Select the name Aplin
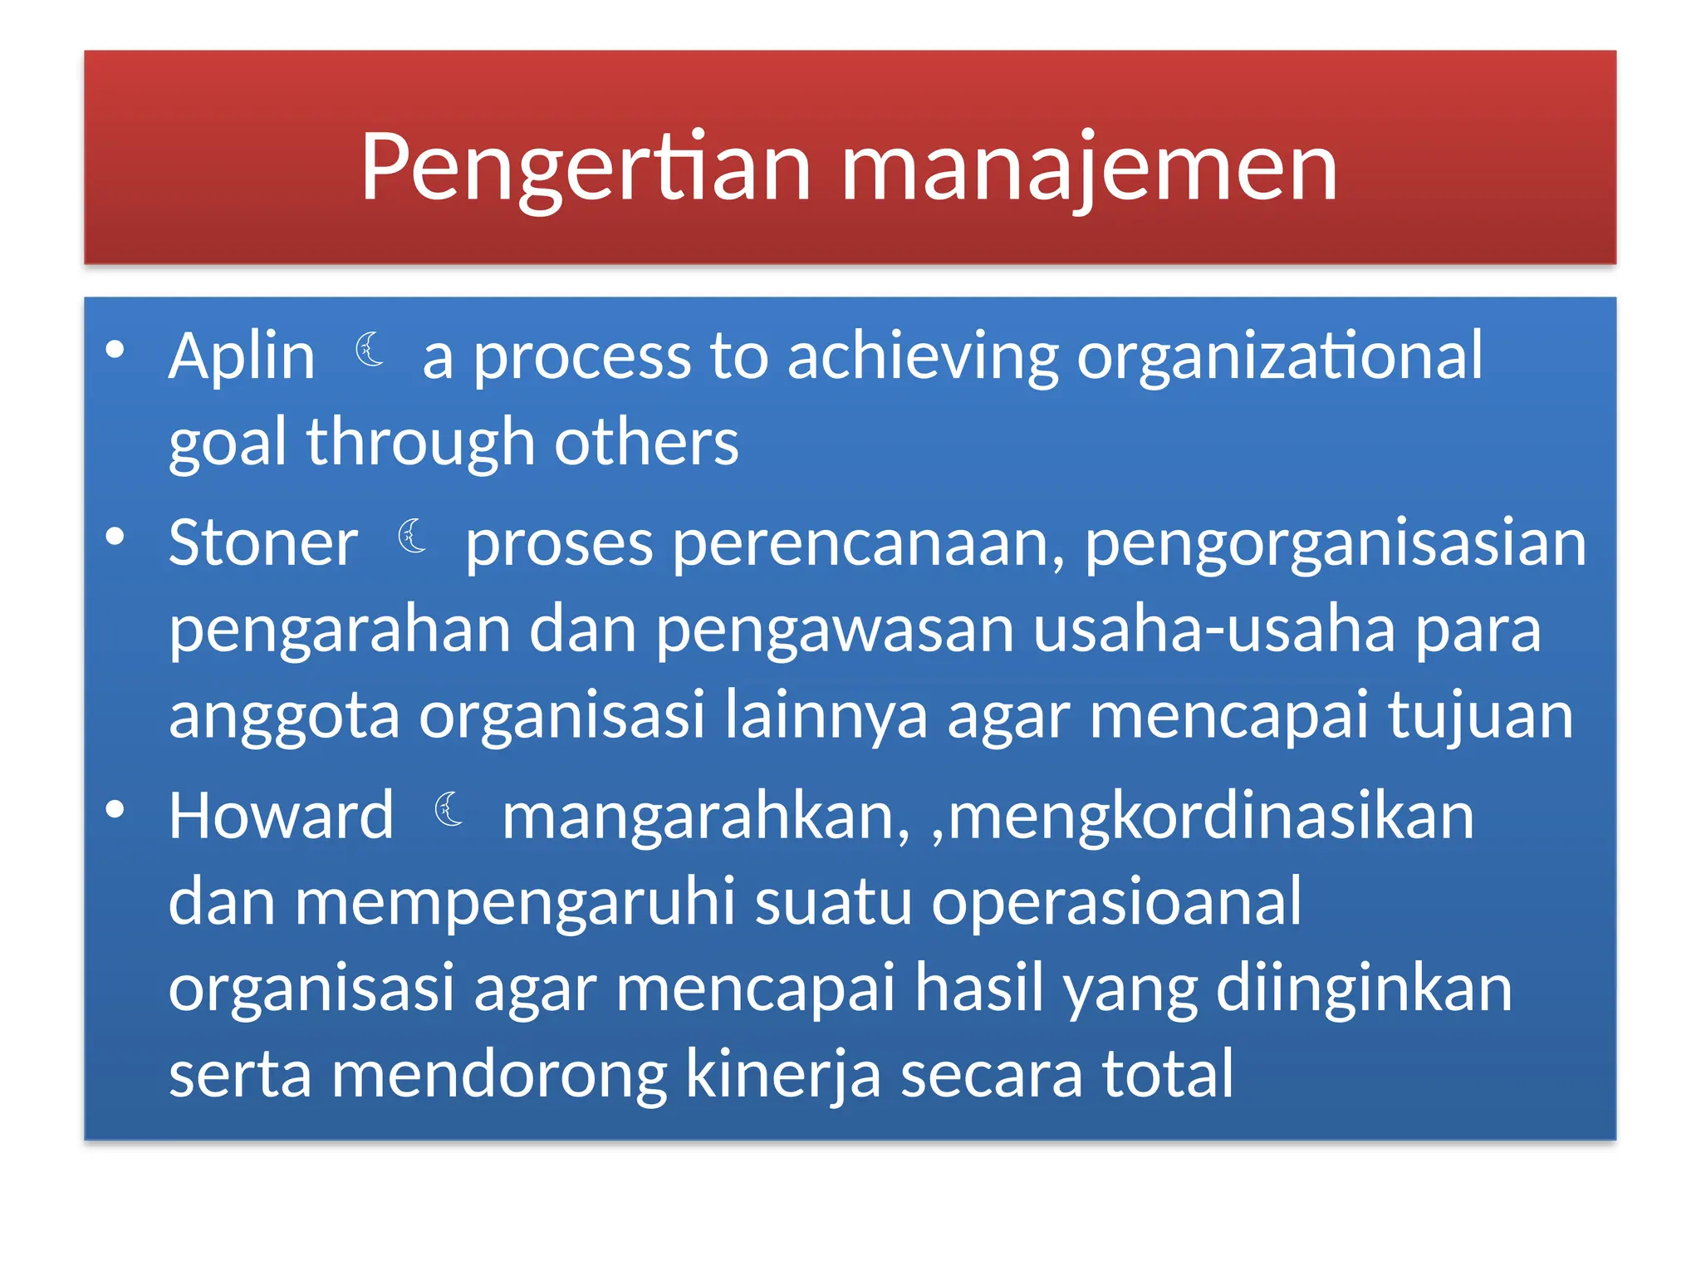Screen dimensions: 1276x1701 [242, 356]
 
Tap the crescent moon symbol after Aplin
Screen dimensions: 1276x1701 [370, 349]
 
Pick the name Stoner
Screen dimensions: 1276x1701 [262, 542]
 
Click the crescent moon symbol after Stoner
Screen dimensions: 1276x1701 [412, 536]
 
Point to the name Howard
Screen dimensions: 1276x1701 [281, 816]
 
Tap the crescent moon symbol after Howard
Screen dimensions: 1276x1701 [449, 809]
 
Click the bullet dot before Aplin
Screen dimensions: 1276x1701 [115, 350]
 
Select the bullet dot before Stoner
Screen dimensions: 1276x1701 [115, 537]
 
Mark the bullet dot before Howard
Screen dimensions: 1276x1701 [115, 810]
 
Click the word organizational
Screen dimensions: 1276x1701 [1279, 356]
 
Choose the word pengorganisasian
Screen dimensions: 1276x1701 [1336, 544]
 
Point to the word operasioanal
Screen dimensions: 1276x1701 [1116, 903]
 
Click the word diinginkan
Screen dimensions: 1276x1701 [1364, 989]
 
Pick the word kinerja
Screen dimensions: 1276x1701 [782, 1075]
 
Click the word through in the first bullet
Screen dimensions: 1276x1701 [420, 443]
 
